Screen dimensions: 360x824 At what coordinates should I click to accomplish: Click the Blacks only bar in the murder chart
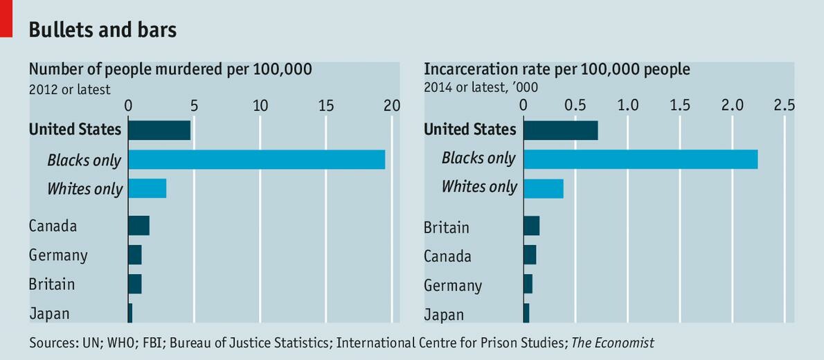point(256,159)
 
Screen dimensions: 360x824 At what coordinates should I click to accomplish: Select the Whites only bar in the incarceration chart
point(543,188)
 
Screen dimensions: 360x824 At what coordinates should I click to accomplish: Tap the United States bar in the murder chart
point(159,130)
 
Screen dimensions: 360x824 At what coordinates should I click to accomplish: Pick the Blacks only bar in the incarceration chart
point(640,159)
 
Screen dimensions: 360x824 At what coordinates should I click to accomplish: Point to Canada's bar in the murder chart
point(138,226)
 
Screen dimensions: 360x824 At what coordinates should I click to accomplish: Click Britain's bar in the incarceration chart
point(531,226)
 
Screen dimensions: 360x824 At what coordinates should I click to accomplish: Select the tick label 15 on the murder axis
point(326,105)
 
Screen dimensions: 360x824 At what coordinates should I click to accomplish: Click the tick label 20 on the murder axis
point(392,105)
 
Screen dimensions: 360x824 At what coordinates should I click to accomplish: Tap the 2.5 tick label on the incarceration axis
point(784,105)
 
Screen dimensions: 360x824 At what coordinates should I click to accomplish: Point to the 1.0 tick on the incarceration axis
point(628,105)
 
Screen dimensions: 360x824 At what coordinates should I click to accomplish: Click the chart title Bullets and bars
point(102,30)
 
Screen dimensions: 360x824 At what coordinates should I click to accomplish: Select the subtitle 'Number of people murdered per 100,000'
point(170,69)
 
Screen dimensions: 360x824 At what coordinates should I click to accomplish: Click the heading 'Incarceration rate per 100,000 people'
point(557,69)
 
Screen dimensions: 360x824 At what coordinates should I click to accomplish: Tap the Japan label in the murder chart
point(49,314)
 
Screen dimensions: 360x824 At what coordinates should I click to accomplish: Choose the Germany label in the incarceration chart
point(453,285)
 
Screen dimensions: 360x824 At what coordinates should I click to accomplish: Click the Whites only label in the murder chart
point(84,189)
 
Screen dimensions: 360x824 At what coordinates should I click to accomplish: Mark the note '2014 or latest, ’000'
point(481,87)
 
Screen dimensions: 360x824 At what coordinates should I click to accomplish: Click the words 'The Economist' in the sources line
point(612,342)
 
